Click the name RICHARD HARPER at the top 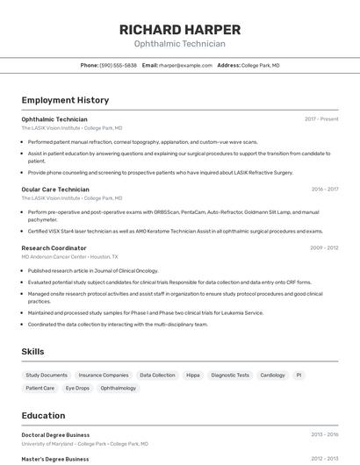[179, 29]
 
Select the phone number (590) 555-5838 [119, 65]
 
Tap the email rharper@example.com [185, 65]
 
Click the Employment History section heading [65, 100]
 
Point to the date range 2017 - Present [321, 119]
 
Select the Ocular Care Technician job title [55, 190]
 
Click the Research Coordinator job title [54, 248]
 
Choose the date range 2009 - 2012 [324, 248]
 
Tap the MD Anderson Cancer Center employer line [70, 257]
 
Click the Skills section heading [33, 352]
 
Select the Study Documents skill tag [47, 375]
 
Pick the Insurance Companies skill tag [104, 375]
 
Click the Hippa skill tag [193, 375]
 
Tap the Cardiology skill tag [272, 375]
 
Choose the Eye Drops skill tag [77, 388]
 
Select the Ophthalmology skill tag [119, 388]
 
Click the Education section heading [43, 416]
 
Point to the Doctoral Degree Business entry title [55, 435]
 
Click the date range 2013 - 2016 [324, 435]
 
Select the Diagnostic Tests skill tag [230, 375]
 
